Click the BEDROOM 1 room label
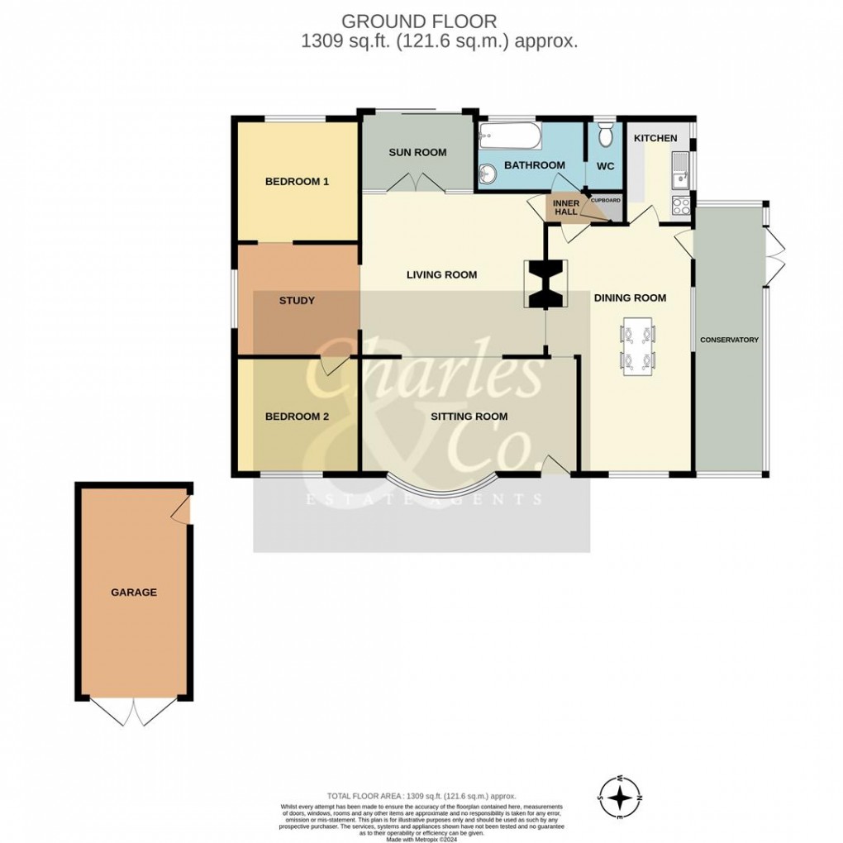[297, 182]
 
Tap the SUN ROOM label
[417, 152]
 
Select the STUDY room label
[297, 301]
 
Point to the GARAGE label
[134, 593]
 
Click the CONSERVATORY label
[729, 341]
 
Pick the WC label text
[605, 166]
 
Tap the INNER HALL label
[566, 207]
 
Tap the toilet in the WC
[605, 134]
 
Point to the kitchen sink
[680, 169]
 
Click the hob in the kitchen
[681, 206]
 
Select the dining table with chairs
[637, 346]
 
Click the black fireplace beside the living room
[545, 283]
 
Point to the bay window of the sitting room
[439, 493]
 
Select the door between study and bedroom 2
[335, 366]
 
